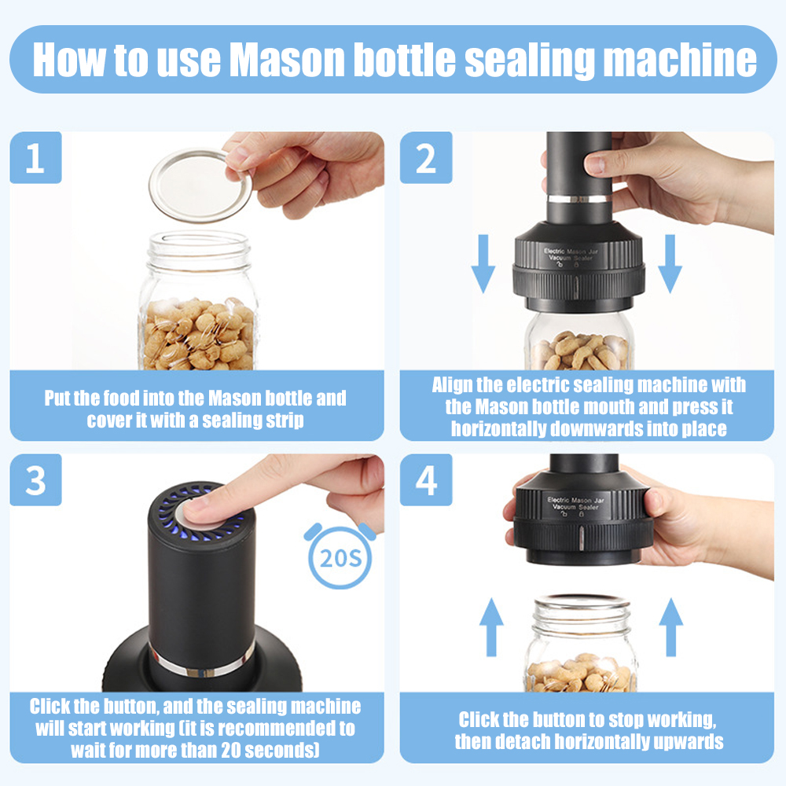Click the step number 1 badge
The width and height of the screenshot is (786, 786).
(x=35, y=157)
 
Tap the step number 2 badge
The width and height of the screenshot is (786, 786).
(x=425, y=157)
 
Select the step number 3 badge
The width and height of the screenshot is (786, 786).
(x=35, y=479)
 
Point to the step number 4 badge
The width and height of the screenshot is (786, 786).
(x=425, y=479)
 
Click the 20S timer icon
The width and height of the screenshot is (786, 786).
(x=340, y=556)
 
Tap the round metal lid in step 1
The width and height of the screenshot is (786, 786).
(x=200, y=185)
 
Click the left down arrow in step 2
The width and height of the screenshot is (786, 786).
(x=483, y=263)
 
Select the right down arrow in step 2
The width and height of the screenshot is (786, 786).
(x=670, y=263)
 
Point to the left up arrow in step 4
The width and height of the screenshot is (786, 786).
(x=491, y=627)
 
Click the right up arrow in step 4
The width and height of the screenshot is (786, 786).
(x=670, y=627)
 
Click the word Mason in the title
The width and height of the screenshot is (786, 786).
(x=287, y=61)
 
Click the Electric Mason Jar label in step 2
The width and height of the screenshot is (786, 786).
(x=571, y=252)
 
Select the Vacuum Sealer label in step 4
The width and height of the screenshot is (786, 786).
(x=575, y=507)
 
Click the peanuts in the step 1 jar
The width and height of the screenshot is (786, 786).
(x=199, y=334)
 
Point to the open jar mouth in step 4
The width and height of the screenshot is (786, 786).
(x=582, y=601)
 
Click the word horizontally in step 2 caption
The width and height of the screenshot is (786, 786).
(x=497, y=428)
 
